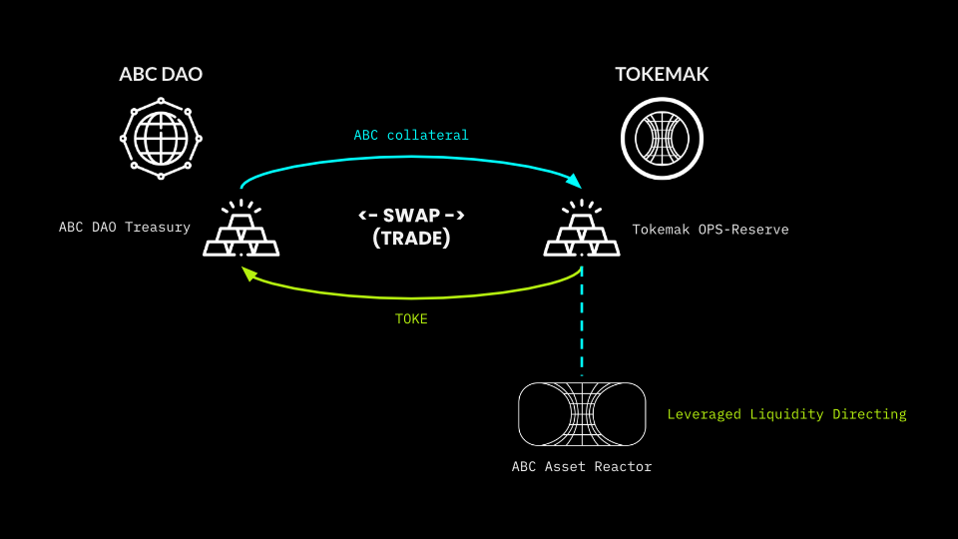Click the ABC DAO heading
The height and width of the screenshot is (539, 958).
click(x=161, y=75)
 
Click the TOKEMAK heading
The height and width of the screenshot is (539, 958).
click(x=662, y=75)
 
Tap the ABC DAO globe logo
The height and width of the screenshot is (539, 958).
click(x=161, y=138)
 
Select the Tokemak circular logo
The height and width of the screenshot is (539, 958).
click(x=662, y=138)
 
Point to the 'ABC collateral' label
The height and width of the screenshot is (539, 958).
click(x=410, y=135)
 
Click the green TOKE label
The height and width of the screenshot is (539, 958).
click(x=411, y=319)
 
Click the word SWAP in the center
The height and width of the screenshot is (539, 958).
click(x=411, y=215)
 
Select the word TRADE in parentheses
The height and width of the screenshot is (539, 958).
click(x=411, y=239)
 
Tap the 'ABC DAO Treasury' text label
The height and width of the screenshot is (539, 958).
click(x=125, y=227)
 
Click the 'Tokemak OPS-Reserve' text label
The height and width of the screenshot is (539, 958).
click(x=711, y=230)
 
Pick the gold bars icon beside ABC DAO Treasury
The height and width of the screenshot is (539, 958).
click(x=239, y=231)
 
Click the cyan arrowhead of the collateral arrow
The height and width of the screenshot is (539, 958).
click(x=574, y=181)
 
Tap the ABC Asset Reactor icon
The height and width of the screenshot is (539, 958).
click(x=582, y=413)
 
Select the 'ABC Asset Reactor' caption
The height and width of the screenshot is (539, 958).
click(x=582, y=466)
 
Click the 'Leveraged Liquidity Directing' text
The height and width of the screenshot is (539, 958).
click(x=786, y=413)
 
